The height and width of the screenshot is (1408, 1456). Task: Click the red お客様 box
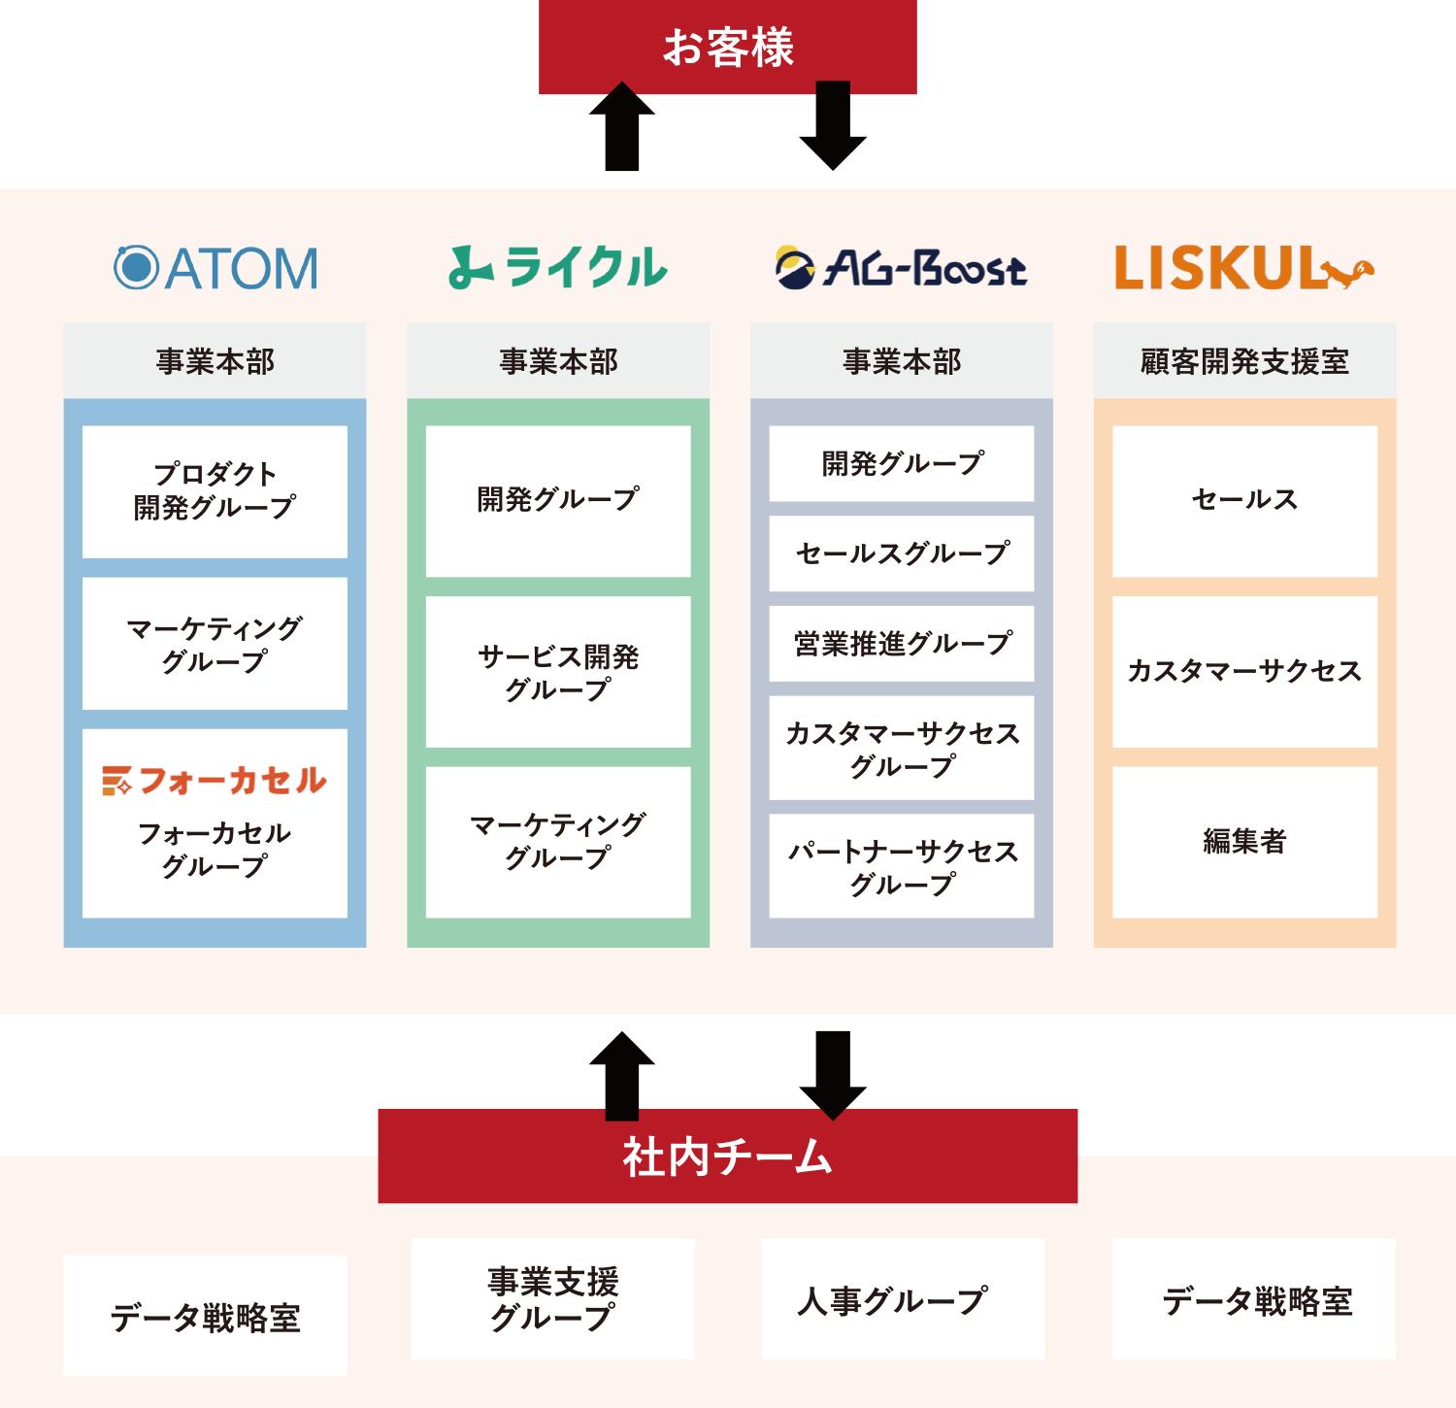click(728, 47)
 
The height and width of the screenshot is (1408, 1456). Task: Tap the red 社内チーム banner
click(728, 1156)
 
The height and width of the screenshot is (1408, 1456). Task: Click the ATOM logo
click(215, 268)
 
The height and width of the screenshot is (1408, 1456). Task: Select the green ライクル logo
click(558, 268)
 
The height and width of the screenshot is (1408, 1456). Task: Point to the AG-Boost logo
click(901, 268)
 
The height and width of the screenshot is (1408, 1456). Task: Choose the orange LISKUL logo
click(1244, 268)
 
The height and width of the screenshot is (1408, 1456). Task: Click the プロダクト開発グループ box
click(215, 491)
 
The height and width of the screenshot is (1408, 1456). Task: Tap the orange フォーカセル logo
click(215, 781)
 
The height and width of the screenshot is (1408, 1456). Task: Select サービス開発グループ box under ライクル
click(558, 672)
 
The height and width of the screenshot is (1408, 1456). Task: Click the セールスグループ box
click(902, 553)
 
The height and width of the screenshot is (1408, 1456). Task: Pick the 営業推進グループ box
click(902, 644)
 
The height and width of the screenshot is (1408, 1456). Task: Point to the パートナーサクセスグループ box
click(902, 866)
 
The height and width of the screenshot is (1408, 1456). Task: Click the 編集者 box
click(1244, 842)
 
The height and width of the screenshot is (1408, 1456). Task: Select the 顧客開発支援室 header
click(1244, 361)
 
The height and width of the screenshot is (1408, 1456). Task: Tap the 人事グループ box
click(903, 1299)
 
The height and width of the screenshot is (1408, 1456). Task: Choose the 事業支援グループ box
click(553, 1299)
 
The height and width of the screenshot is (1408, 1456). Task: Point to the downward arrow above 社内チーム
click(833, 1074)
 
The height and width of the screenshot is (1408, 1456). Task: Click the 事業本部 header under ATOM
click(215, 361)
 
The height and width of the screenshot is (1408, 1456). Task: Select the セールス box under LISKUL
click(1244, 501)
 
